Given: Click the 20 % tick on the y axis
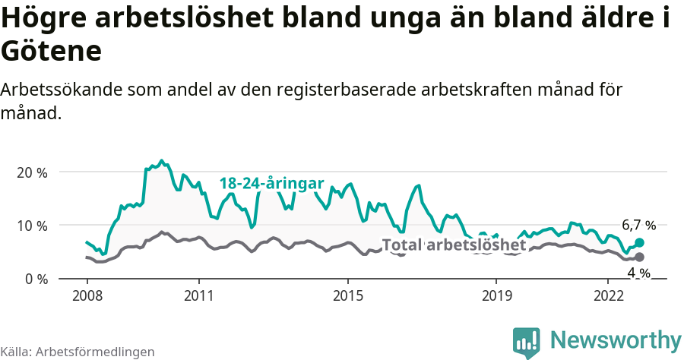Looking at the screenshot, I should pos(31,172).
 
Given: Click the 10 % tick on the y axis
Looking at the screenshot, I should pos(31,226).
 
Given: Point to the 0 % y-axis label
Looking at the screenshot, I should pos(34,279).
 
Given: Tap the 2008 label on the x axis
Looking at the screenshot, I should pos(87,295).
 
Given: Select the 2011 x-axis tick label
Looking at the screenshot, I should pos(198,295).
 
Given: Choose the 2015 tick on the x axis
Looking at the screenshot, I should pos(347,295).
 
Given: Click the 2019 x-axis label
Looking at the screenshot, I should pos(496,295).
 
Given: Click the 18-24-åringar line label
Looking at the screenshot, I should pos(272,183).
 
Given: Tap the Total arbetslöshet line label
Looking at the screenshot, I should pos(454,245).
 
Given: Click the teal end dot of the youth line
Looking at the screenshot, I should pos(639,242).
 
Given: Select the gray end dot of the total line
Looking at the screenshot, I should pos(639,257).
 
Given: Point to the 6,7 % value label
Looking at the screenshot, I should pos(638,225).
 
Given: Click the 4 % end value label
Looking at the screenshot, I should pos(638,273).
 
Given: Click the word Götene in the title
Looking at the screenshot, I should pos(51,52).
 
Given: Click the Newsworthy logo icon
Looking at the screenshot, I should pos(527,342).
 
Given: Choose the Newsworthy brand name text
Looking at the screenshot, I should pos(616,339).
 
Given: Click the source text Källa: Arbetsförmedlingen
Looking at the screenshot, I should pos(78,352).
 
